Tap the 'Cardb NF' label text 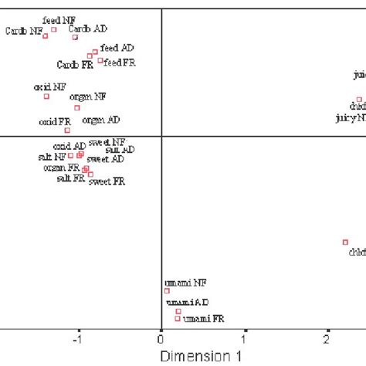pyautogui.click(x=23, y=32)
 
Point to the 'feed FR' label pyautogui.click(x=120, y=62)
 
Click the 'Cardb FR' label pyautogui.click(x=75, y=65)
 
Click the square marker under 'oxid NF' pyautogui.click(x=46, y=97)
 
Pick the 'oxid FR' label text pyautogui.click(x=55, y=121)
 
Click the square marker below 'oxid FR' pyautogui.click(x=67, y=130)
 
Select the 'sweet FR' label pyautogui.click(x=107, y=181)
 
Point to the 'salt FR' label pyautogui.click(x=70, y=178)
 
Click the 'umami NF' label pyautogui.click(x=185, y=283)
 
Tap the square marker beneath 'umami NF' pyautogui.click(x=167, y=291)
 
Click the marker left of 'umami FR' pyautogui.click(x=178, y=318)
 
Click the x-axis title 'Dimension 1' pyautogui.click(x=196, y=356)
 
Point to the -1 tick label pyautogui.click(x=76, y=339)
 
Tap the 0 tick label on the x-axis pyautogui.click(x=161, y=339)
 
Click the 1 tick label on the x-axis pyautogui.click(x=245, y=339)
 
